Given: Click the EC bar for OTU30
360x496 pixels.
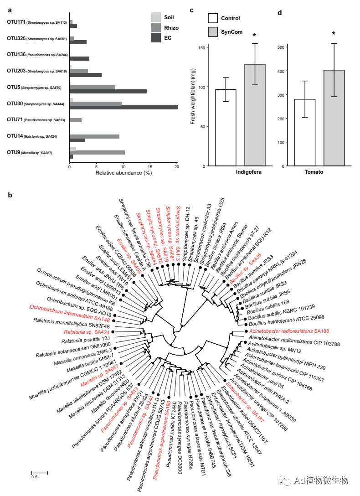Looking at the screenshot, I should point(123,108).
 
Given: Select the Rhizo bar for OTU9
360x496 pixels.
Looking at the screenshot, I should point(97,152).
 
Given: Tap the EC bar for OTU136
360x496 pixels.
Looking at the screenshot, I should point(79,58).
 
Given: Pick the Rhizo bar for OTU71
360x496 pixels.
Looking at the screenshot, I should point(76,120).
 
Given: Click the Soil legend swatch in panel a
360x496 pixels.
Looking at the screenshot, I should point(156,17).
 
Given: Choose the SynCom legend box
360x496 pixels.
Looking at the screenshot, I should point(213,31).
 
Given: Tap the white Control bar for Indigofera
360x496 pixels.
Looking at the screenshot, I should point(226,127).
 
